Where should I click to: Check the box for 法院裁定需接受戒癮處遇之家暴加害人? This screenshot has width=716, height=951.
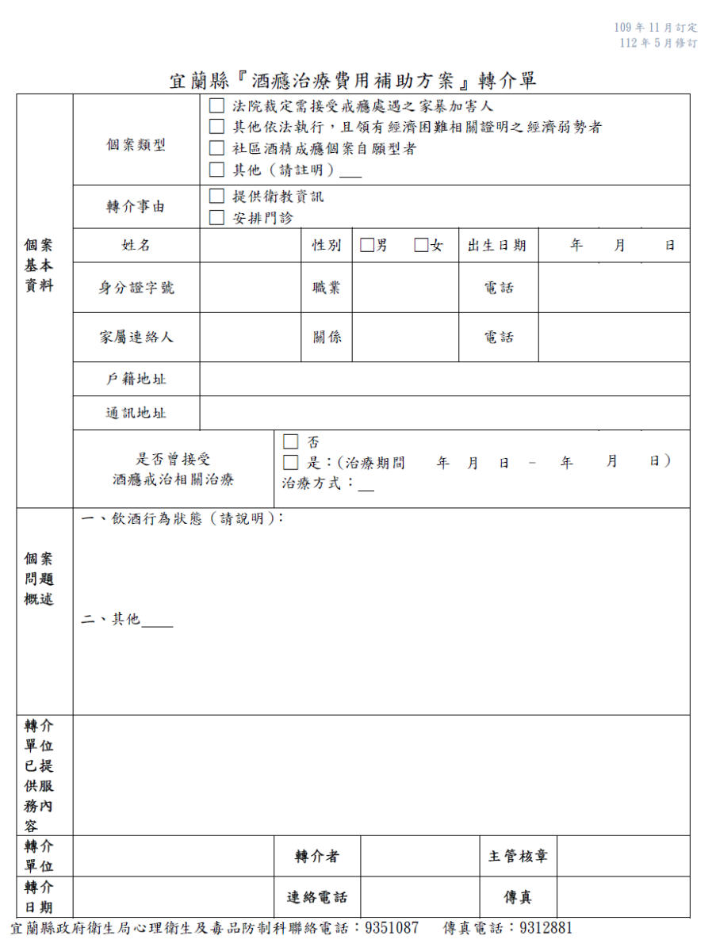pyautogui.click(x=216, y=105)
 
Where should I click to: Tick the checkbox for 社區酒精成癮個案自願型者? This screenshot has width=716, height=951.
pyautogui.click(x=216, y=148)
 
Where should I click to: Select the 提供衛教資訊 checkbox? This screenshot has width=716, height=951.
pyautogui.click(x=216, y=197)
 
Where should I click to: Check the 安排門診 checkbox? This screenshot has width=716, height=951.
pyautogui.click(x=216, y=218)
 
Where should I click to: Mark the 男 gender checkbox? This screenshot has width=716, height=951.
pyautogui.click(x=366, y=246)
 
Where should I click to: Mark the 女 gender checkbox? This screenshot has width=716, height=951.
pyautogui.click(x=421, y=246)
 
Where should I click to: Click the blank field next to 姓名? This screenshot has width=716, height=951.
pyautogui.click(x=251, y=246)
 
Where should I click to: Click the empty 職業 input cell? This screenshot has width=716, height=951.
pyautogui.click(x=405, y=288)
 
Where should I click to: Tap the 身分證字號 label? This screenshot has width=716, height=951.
pyautogui.click(x=136, y=288)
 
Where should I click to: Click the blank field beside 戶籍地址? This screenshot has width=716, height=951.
pyautogui.click(x=444, y=379)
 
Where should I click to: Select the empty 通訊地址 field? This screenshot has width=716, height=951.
pyautogui.click(x=444, y=413)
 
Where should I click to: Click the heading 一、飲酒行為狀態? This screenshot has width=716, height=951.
pyautogui.click(x=182, y=518)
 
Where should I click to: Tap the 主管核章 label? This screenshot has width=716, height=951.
pyautogui.click(x=518, y=857)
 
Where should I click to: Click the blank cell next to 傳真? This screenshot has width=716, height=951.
pyautogui.click(x=622, y=897)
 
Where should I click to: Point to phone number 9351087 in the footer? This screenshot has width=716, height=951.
pyautogui.click(x=392, y=928)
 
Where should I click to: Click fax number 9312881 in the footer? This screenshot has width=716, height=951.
pyautogui.click(x=546, y=928)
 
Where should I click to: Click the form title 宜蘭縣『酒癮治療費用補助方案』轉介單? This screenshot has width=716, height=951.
pyautogui.click(x=354, y=81)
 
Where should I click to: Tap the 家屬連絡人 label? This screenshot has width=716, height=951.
pyautogui.click(x=136, y=337)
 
